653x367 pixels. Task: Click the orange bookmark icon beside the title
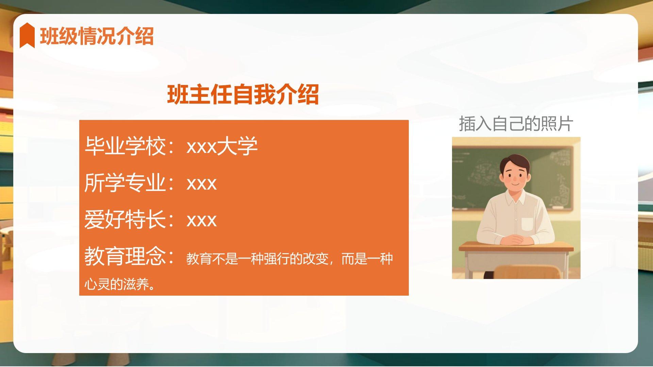coord(27,35)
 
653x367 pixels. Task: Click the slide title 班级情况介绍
coord(97,36)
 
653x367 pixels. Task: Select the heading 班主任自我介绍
coord(243,94)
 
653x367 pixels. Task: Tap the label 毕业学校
coord(125,146)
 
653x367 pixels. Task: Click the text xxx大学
coord(222,146)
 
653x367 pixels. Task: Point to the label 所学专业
coord(125,183)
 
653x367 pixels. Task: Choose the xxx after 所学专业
coord(202,184)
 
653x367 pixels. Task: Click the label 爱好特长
coord(125,220)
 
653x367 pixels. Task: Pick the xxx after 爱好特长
coord(202,221)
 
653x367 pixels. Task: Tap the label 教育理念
coord(125,256)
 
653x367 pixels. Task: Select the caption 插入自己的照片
coord(516,123)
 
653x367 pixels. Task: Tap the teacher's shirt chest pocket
coord(527,224)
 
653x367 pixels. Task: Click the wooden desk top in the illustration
coord(516,247)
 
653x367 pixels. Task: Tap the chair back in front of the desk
coord(526,272)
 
